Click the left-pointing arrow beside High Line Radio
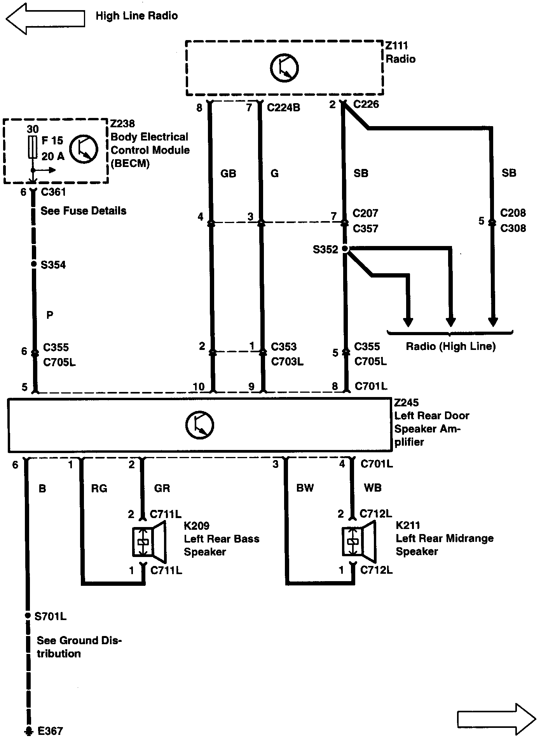[x=45, y=18]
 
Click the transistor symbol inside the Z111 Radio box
[x=284, y=68]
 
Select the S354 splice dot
[x=33, y=265]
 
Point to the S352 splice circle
[x=345, y=249]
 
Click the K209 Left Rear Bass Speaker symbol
[x=149, y=541]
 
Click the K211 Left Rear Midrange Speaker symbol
[x=359, y=541]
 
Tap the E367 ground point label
[x=50, y=731]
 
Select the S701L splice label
[x=51, y=616]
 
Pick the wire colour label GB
[x=228, y=174]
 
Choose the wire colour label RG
[x=99, y=488]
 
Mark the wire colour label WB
[x=372, y=488]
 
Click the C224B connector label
[x=283, y=107]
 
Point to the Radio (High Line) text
[x=450, y=346]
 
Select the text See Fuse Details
[x=84, y=211]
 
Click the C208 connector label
[x=513, y=213]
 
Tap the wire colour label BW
[x=305, y=488]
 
